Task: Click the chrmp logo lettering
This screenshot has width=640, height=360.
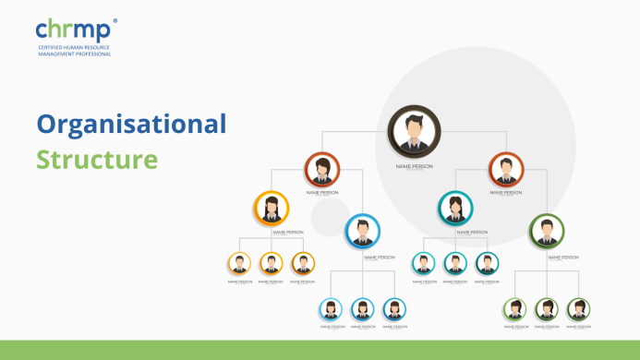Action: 73,31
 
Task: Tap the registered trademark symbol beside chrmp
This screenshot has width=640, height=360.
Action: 115,20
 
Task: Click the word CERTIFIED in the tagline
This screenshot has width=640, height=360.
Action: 52,47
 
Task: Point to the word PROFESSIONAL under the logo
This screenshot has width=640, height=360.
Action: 92,54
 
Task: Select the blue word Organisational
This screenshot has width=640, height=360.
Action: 131,124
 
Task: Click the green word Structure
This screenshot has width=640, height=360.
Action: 97,159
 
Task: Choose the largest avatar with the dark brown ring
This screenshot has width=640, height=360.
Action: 414,131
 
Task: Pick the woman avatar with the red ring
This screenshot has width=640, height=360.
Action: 322,170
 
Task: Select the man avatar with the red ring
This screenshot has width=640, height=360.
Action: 505,170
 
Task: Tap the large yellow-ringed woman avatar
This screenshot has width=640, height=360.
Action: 271,209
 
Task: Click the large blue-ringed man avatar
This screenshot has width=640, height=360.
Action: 362,232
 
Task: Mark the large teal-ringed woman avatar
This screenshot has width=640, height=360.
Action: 454,209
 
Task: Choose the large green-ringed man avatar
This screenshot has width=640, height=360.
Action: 547,232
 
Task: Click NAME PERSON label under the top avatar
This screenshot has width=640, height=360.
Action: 414,166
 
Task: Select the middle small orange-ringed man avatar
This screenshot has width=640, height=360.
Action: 272,264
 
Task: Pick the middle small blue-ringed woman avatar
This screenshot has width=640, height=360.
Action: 363,309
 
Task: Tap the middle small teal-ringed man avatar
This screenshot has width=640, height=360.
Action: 455,264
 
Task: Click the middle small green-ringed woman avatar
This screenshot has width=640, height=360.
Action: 547,309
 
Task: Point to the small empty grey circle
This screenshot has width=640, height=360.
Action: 329,218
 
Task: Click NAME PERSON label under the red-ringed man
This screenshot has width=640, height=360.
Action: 505,193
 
